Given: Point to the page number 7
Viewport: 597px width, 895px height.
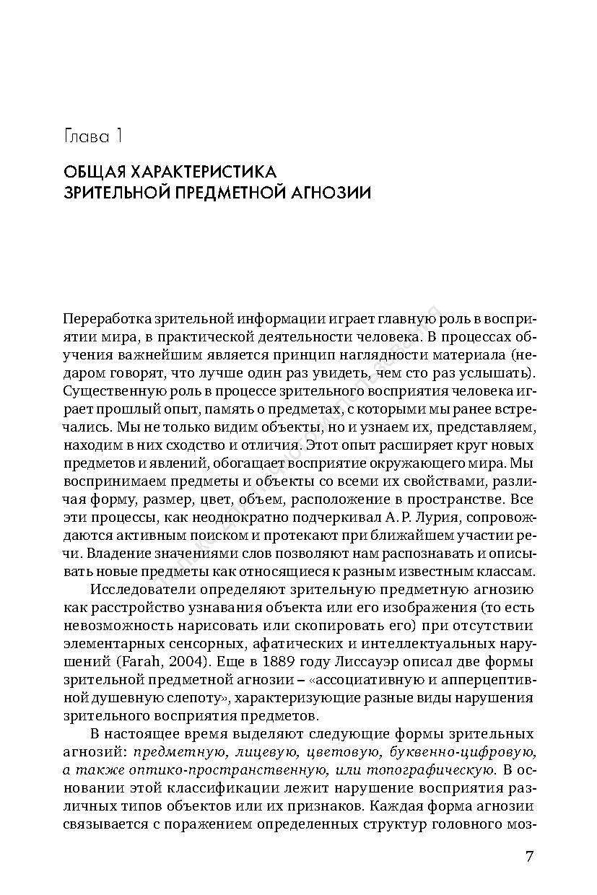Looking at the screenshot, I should [x=529, y=857].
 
